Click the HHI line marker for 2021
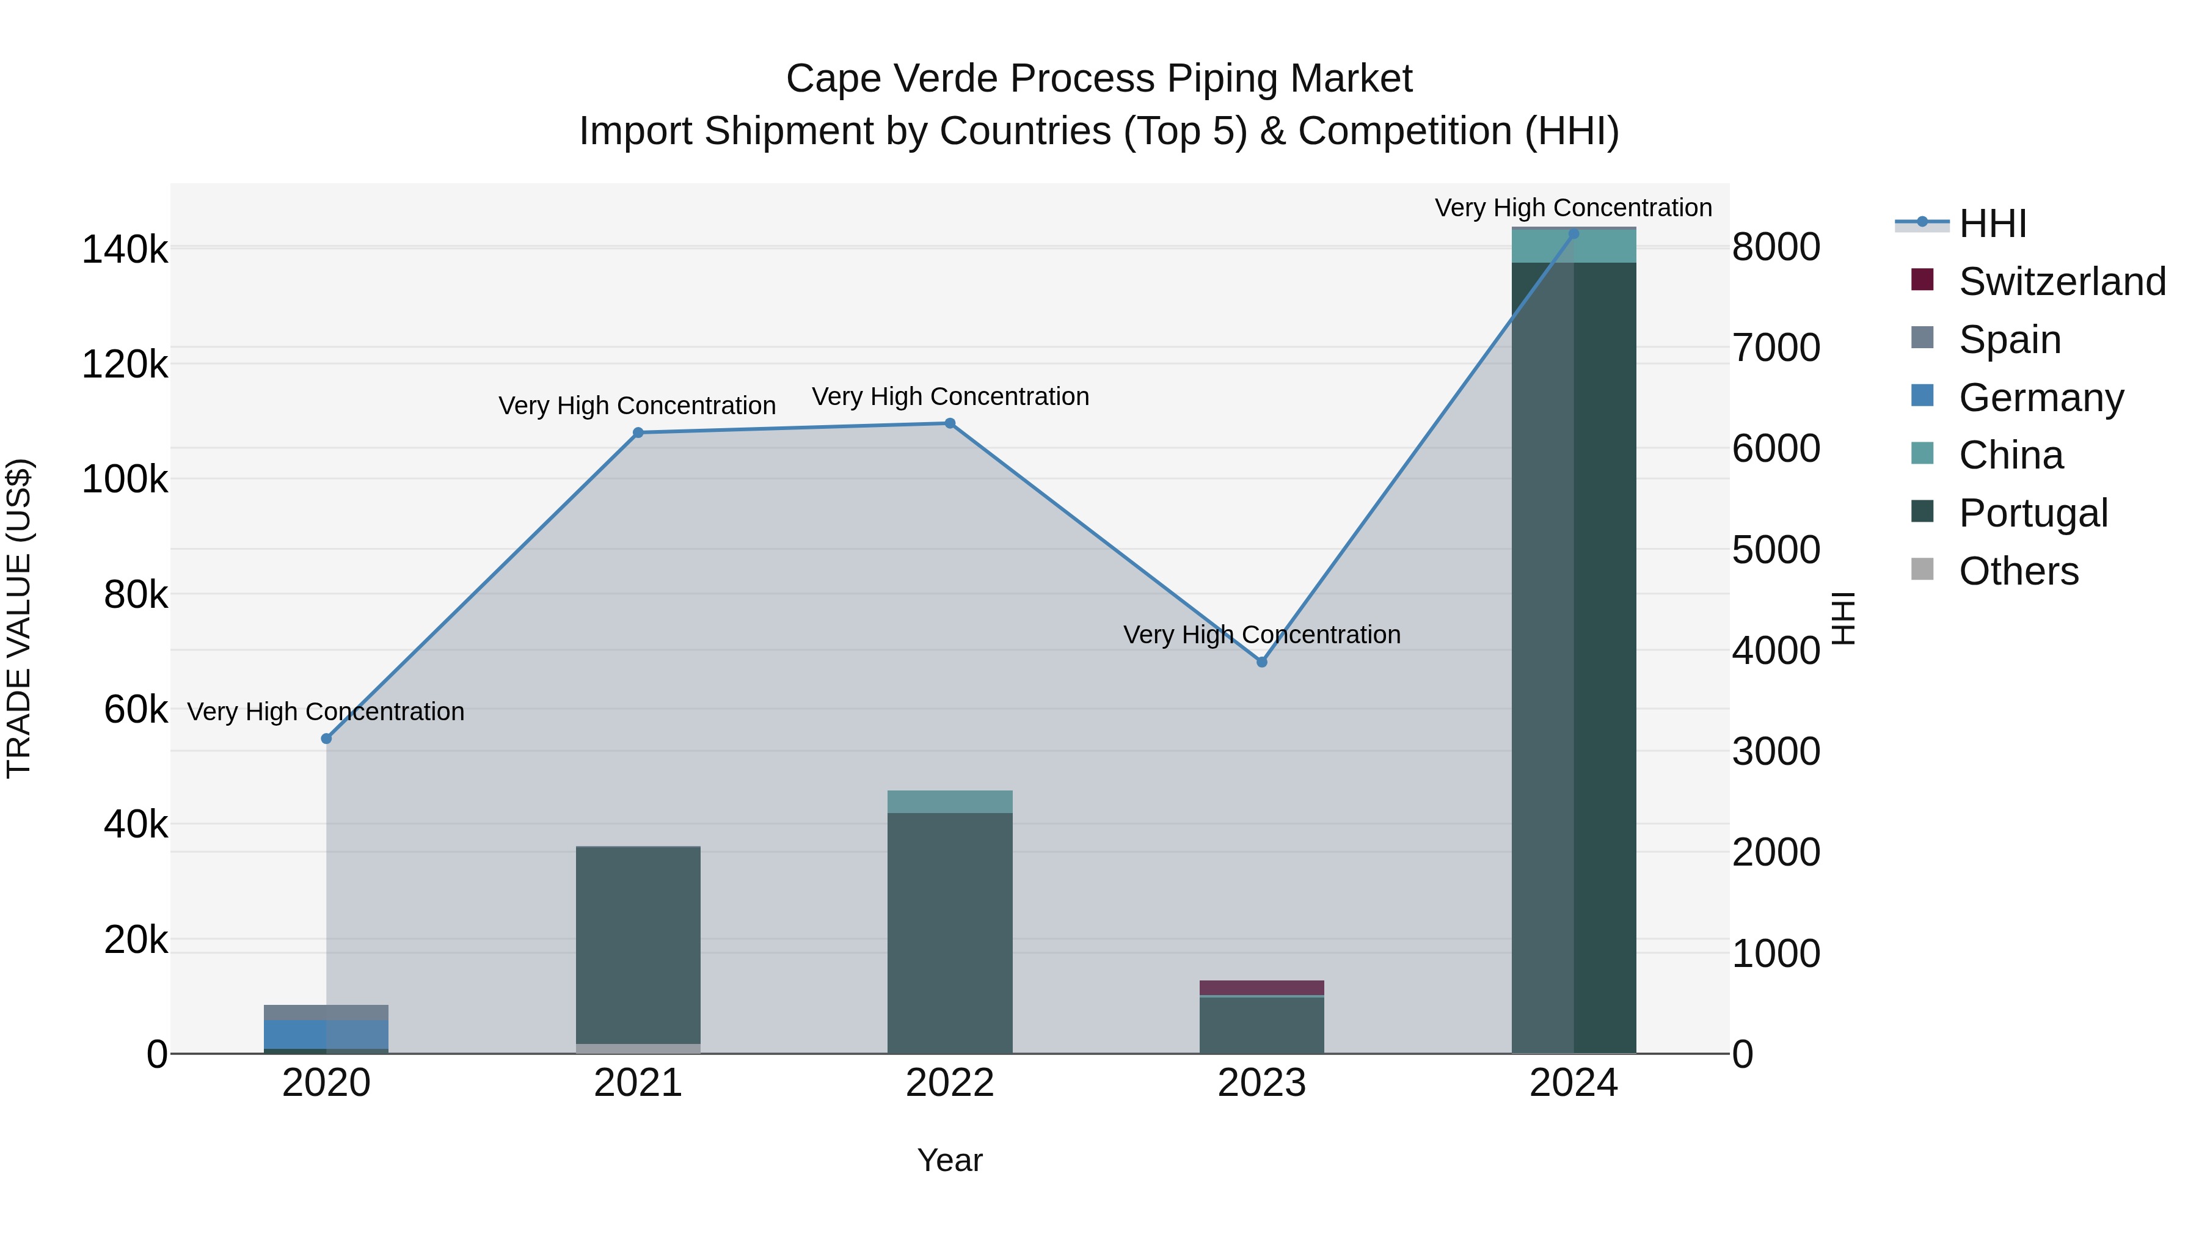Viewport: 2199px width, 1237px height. coord(638,433)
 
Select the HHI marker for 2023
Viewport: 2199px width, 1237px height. coord(1262,662)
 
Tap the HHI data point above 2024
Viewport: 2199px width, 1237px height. coord(1574,234)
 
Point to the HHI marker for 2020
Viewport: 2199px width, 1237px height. coord(326,739)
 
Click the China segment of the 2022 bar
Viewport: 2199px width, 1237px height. coord(949,801)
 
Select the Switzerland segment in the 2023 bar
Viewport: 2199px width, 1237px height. coord(1262,988)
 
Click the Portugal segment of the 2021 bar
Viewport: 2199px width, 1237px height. coord(638,943)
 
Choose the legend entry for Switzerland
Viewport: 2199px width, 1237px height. coord(2062,282)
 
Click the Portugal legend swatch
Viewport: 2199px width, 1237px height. coord(1922,511)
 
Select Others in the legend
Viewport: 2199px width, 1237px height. coord(2018,571)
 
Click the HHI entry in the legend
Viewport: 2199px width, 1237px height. coord(1991,224)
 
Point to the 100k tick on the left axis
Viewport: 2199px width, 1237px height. coord(125,480)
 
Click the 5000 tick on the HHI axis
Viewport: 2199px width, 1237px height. coord(1776,550)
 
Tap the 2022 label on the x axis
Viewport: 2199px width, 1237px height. coord(949,1083)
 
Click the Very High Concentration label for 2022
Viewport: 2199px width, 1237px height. coord(949,397)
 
